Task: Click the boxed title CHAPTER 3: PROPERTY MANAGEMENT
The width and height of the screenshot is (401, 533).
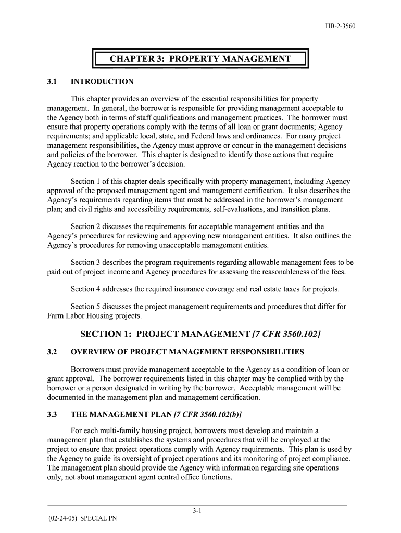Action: tap(200, 59)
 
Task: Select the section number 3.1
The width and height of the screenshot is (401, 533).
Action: tap(52, 82)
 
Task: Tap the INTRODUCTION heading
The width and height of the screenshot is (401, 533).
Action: tap(102, 82)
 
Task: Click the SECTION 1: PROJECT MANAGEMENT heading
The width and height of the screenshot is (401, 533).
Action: tap(165, 333)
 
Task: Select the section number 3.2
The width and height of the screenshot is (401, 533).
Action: tap(52, 352)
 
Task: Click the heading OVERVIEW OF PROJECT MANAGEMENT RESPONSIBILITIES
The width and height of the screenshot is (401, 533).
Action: tap(187, 352)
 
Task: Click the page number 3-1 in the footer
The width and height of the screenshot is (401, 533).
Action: tap(197, 511)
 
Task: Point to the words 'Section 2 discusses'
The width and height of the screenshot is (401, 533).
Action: tap(102, 226)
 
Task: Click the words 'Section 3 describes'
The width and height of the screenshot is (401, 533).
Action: tap(102, 262)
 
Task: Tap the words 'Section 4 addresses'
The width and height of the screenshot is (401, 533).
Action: tap(103, 289)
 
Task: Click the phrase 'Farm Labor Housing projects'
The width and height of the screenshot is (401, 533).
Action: tap(94, 315)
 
